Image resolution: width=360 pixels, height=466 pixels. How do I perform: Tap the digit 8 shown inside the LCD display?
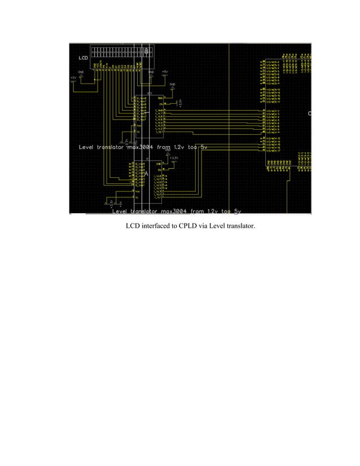point(147,51)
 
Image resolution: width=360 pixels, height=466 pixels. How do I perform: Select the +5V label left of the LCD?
point(73,77)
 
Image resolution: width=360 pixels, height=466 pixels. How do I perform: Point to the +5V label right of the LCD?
point(164,72)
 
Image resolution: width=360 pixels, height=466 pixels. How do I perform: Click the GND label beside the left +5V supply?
point(81,72)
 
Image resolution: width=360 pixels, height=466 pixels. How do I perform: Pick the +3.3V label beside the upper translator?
point(180,103)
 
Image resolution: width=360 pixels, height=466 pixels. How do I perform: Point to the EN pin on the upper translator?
point(160,104)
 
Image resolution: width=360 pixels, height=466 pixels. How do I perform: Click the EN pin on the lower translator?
point(160,169)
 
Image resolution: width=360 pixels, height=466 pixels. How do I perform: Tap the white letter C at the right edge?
point(310,113)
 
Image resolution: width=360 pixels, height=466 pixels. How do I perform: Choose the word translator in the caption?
point(245,227)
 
